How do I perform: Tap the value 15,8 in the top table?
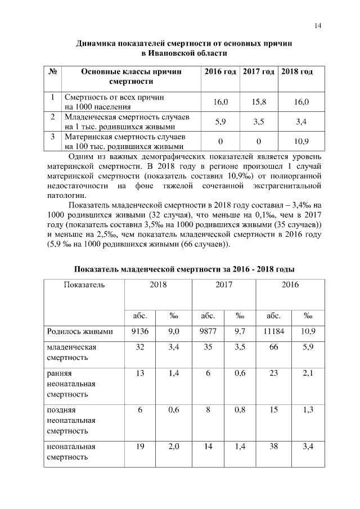pos(259,102)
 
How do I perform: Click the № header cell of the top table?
pos(52,72)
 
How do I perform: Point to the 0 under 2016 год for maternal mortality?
pos(220,141)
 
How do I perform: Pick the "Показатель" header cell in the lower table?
pos(84,285)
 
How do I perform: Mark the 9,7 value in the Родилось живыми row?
pos(240,331)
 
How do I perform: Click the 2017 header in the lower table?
pos(224,285)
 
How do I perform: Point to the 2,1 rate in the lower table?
pos(308,373)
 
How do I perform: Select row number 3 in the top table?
pos(52,136)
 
